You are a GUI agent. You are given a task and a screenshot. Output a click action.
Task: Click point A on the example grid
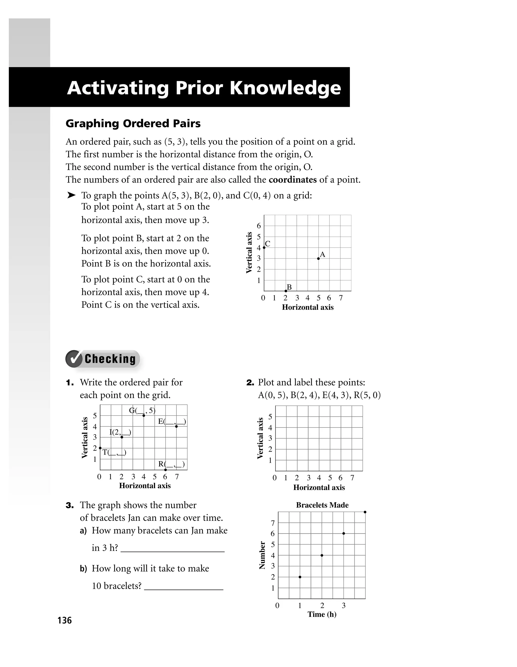(x=318, y=258)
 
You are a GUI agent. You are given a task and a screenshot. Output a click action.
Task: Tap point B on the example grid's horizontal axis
(x=286, y=291)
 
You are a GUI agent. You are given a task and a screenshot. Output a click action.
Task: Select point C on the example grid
(x=264, y=247)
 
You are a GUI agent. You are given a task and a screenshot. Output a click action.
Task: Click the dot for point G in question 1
(x=144, y=415)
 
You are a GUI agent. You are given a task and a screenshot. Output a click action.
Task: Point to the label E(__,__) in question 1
(x=172, y=422)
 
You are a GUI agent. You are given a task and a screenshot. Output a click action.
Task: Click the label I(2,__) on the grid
(x=120, y=432)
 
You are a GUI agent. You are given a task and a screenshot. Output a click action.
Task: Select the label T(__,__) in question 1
(x=114, y=452)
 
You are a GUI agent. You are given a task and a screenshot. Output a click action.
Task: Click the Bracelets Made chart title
(x=322, y=505)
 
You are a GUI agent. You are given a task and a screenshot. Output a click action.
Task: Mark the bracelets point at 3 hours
(x=344, y=533)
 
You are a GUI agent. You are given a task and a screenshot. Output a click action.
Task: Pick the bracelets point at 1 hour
(x=300, y=577)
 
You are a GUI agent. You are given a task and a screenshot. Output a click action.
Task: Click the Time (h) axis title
(x=322, y=614)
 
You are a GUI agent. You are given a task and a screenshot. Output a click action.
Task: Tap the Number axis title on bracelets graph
(x=262, y=555)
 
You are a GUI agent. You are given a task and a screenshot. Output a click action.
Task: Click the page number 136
(x=64, y=620)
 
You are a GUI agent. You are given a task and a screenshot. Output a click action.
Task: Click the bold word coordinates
(x=293, y=179)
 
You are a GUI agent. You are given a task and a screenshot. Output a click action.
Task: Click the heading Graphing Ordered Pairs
(x=133, y=123)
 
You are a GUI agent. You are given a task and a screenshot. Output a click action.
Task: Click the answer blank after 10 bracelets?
(x=184, y=586)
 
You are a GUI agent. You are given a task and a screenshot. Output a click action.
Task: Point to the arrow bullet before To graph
(x=71, y=195)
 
